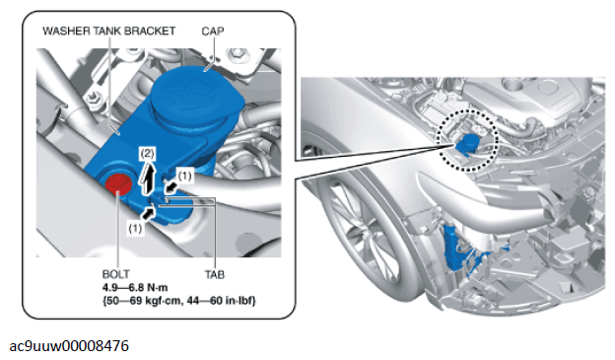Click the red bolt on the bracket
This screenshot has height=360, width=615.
[118, 184]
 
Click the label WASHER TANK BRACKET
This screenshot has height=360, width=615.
[108, 31]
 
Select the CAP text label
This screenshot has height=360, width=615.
[213, 31]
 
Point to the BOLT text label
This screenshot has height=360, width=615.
[115, 274]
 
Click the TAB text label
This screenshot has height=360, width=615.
[215, 274]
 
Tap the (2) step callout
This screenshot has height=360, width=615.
[148, 154]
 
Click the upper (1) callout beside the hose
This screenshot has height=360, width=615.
[184, 176]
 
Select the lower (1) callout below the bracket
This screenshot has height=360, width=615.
[135, 228]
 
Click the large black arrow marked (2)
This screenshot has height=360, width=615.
[148, 179]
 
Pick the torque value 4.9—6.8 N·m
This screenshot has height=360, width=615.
[135, 287]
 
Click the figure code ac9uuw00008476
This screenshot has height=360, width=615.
[69, 346]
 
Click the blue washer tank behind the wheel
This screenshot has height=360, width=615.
[455, 248]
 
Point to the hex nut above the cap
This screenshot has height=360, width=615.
[238, 53]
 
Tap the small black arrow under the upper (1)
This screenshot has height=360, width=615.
[171, 187]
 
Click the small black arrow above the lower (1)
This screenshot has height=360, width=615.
[148, 213]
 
